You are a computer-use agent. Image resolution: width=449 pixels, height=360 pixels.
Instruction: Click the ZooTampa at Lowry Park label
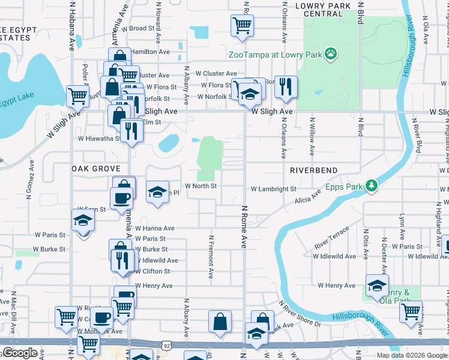pyautogui.click(x=275, y=55)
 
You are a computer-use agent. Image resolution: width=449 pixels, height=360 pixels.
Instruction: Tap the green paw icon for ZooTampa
pyautogui.click(x=330, y=55)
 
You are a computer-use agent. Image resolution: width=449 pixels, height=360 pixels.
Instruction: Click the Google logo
pyautogui.click(x=20, y=353)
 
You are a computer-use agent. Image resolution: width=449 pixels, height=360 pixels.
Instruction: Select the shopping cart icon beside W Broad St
pyautogui.click(x=242, y=26)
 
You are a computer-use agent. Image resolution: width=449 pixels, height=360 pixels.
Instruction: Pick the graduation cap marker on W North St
pyautogui.click(x=157, y=193)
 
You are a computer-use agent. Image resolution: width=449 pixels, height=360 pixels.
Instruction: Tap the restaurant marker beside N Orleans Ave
pyautogui.click(x=286, y=86)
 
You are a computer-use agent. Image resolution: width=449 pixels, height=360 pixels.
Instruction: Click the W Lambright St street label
pyautogui.click(x=273, y=188)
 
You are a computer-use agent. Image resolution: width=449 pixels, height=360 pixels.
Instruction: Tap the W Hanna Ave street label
pyautogui.click(x=154, y=228)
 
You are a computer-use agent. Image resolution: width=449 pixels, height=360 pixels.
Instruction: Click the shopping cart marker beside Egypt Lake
pyautogui.click(x=77, y=95)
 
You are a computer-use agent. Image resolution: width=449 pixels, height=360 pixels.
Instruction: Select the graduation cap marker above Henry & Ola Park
pyautogui.click(x=377, y=286)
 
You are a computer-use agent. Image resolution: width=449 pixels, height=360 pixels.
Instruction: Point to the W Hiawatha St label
pyautogui.click(x=99, y=138)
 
